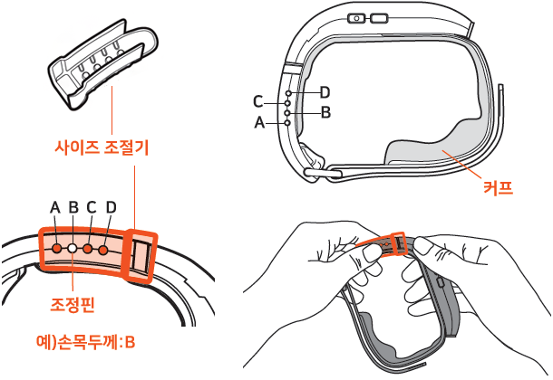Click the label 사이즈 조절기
102,147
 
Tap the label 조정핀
73,304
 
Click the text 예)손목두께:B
86,342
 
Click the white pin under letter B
73,249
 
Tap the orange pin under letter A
56,249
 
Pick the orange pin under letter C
87,249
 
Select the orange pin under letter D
103,250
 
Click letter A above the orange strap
55,207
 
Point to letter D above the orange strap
112,207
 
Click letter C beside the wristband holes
258,102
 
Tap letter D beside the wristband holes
325,92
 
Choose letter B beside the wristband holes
325,112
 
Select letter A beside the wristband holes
259,122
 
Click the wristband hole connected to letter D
289,93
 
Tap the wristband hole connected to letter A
287,123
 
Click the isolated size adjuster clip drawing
103,63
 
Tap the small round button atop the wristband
356,18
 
